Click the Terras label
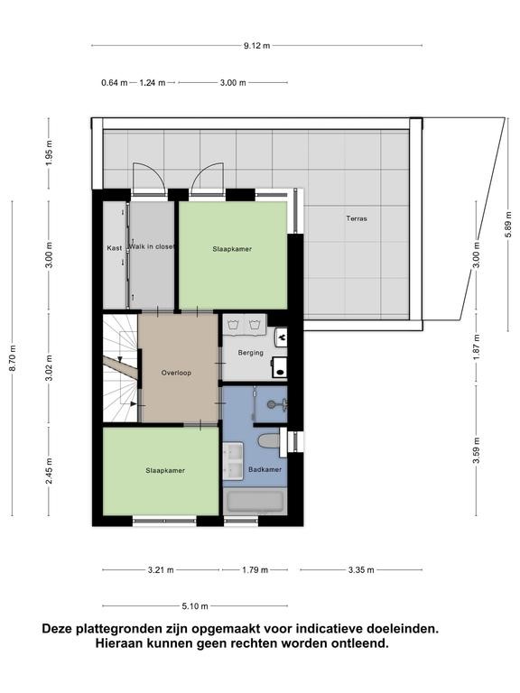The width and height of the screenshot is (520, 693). click(x=357, y=218)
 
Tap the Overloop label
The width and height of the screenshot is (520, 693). click(x=176, y=373)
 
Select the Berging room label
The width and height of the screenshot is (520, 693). click(x=250, y=353)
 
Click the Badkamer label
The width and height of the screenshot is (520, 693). click(x=265, y=469)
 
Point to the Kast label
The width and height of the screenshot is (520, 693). click(x=114, y=248)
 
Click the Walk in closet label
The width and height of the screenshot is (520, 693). click(x=152, y=246)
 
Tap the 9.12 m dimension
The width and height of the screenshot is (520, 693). click(x=257, y=45)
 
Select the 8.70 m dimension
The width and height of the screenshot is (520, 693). click(x=13, y=358)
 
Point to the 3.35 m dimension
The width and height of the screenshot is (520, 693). click(x=361, y=570)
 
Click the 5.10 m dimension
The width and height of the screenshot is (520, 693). click(x=195, y=606)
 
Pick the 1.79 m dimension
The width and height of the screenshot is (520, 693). click(x=255, y=570)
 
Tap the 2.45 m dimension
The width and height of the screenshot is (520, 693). click(x=49, y=471)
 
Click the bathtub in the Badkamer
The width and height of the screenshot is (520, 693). click(x=255, y=502)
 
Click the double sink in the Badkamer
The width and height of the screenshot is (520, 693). click(x=233, y=461)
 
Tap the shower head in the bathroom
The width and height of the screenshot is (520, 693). click(x=271, y=404)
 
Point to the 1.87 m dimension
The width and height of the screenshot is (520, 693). click(x=477, y=346)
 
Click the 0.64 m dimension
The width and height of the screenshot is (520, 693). click(x=114, y=83)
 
